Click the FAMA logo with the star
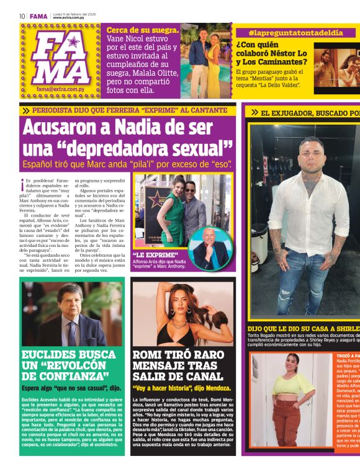[61, 57]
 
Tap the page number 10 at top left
[22, 17]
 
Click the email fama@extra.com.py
[60, 89]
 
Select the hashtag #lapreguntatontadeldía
[295, 32]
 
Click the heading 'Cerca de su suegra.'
[143, 30]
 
